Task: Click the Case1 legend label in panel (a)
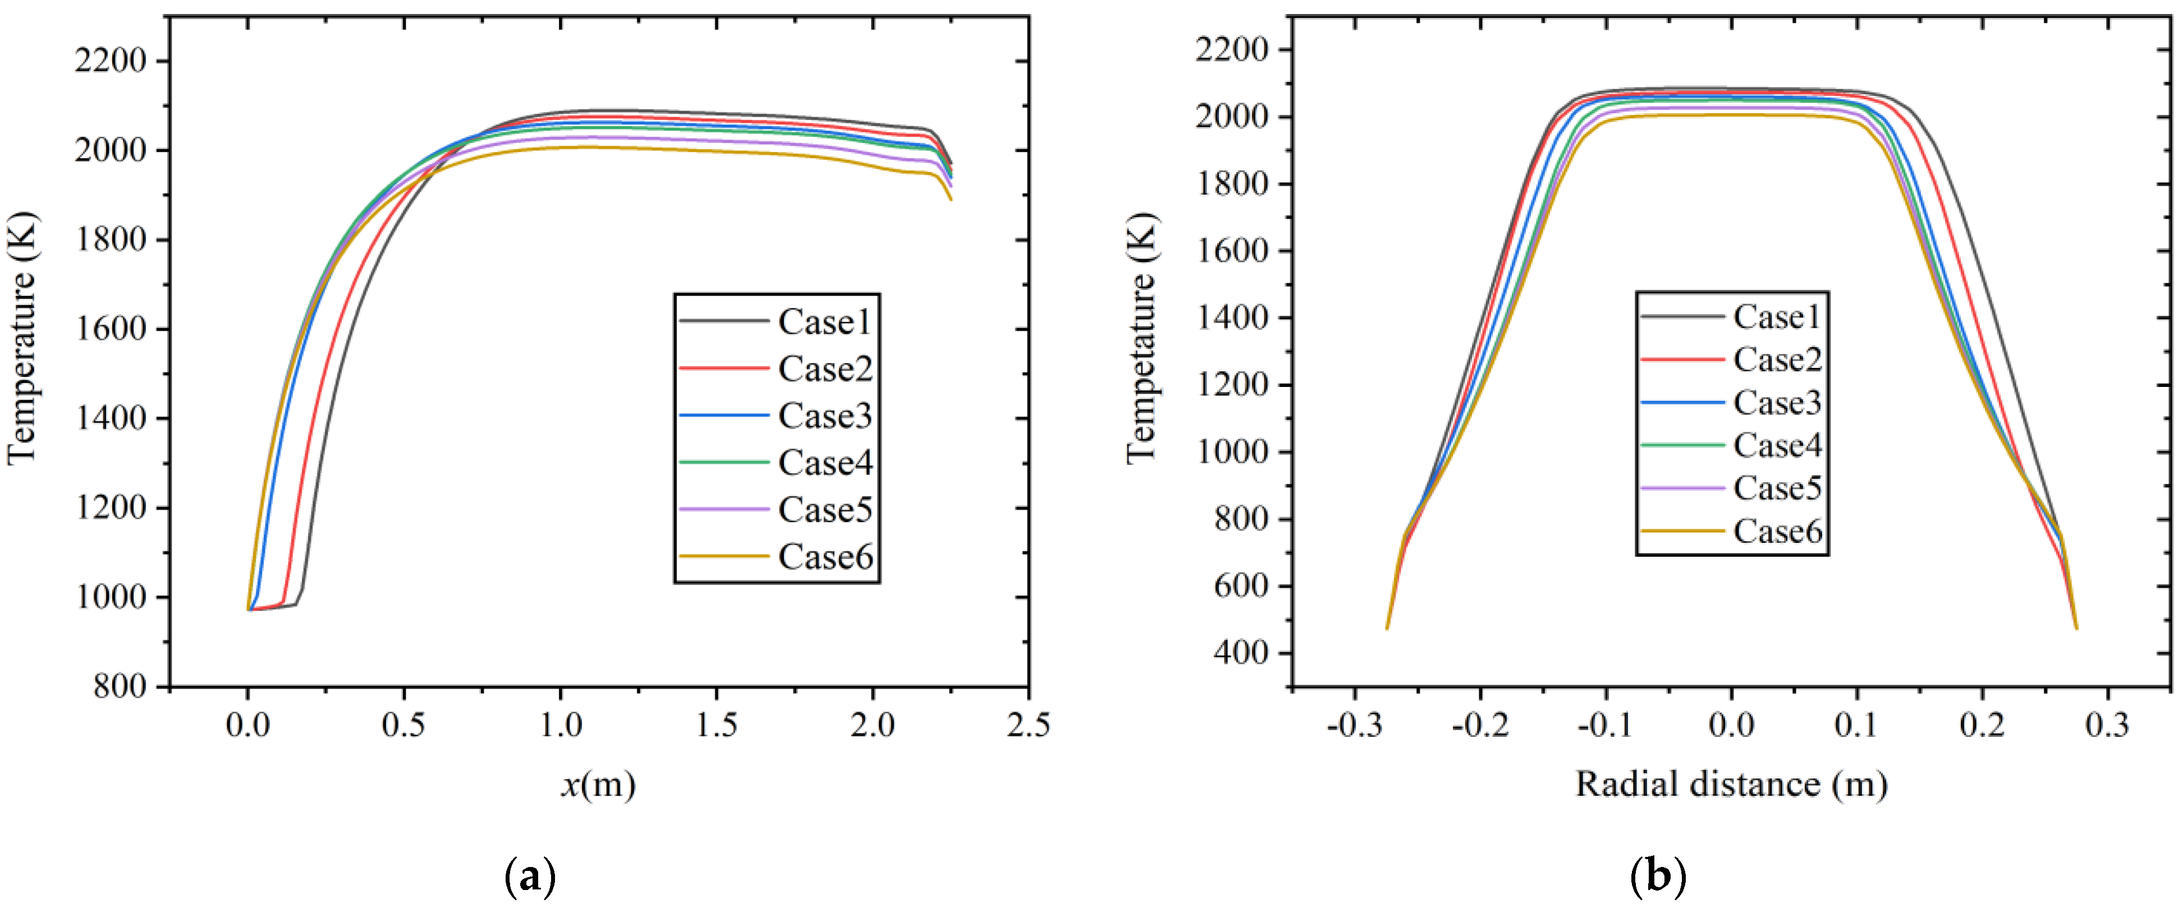pos(824,322)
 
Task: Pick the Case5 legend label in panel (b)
pos(1777,488)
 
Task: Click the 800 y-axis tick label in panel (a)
pos(120,686)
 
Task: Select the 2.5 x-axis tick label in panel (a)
pos(1028,726)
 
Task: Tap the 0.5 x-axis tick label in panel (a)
pos(403,726)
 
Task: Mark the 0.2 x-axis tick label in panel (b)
pos(1982,726)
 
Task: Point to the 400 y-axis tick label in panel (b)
pos(1241,653)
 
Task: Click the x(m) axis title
pos(598,785)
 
